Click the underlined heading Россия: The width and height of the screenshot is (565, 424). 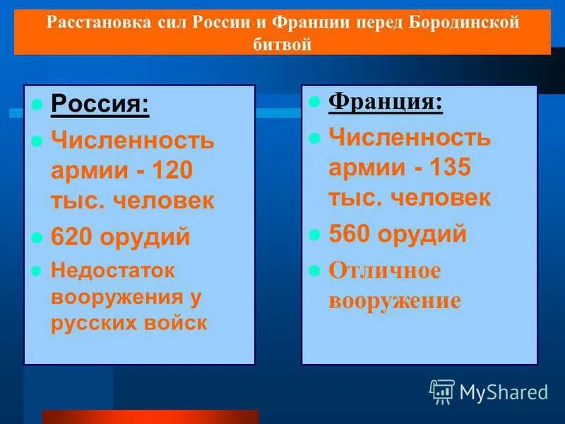pos(100,106)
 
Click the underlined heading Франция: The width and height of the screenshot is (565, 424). pos(386,102)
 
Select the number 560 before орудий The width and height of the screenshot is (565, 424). pos(350,234)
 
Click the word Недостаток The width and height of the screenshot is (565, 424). pos(112,270)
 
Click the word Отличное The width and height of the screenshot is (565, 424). pos(384,271)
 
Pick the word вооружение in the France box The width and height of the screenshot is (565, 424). pos(394,300)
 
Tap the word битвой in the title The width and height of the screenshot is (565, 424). pos(282,44)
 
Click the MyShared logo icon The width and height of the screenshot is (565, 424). pos(442,391)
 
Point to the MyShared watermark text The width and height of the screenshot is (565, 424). pos(504,392)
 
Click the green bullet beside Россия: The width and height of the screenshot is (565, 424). pos(37,106)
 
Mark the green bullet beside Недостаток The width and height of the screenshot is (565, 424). pos(37,271)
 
